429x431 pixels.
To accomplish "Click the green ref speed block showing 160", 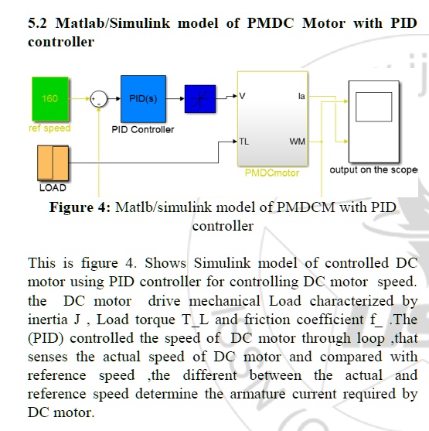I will tap(50, 99).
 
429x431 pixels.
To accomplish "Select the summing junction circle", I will tap(99, 99).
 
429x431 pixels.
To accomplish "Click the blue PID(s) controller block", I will tap(142, 99).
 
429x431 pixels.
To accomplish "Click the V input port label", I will tap(243, 96).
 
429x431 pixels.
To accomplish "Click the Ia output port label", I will tap(301, 96).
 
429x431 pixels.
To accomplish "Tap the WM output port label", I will tap(298, 142).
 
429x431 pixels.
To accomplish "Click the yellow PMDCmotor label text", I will tap(271, 173).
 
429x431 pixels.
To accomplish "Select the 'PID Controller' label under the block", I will tap(143, 130).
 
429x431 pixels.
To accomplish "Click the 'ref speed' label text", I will tap(49, 128).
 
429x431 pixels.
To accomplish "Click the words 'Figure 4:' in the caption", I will tap(80, 207).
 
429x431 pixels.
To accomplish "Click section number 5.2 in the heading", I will tap(38, 23).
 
